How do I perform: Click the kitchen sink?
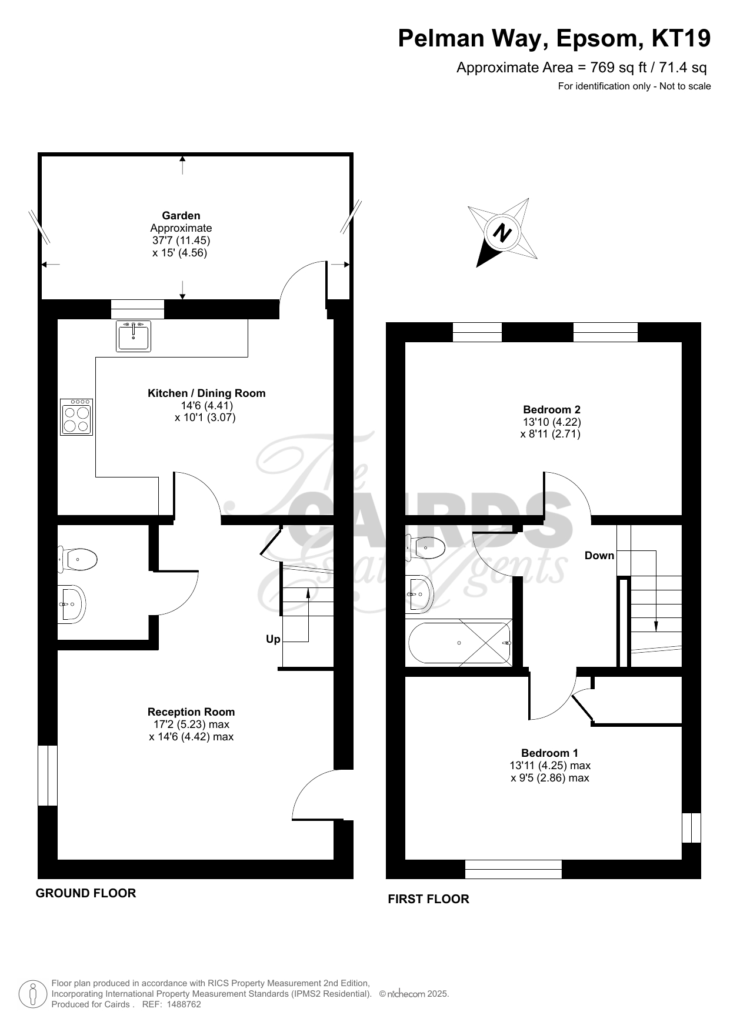133,336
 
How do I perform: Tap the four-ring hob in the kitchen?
76,417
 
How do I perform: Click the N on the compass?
502,233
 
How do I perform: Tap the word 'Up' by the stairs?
273,639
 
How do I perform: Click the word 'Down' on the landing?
599,556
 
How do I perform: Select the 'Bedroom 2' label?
552,410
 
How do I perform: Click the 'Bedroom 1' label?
549,753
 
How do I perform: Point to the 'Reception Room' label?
191,712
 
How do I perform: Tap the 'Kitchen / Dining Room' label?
206,393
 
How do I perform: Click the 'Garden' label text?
181,216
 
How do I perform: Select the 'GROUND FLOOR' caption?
86,893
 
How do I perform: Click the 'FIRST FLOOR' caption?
429,899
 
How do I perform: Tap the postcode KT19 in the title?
681,39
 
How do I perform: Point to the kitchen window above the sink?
138,309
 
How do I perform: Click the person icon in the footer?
33,994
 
